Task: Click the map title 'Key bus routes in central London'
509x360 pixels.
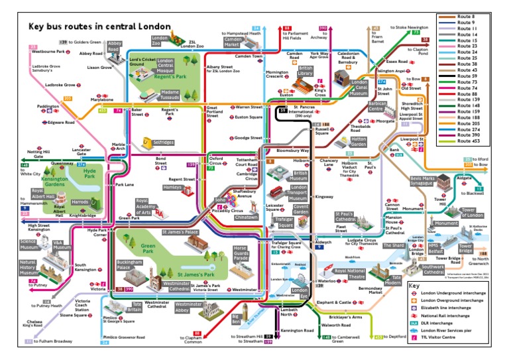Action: (x=99, y=27)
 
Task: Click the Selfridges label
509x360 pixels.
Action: (x=164, y=143)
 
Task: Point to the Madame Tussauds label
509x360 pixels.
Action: (x=170, y=95)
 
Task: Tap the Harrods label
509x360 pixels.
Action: (x=80, y=202)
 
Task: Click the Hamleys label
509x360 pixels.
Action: (x=172, y=188)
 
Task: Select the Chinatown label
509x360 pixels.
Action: (x=247, y=217)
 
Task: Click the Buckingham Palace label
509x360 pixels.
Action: (x=129, y=264)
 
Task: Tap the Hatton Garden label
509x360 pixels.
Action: (x=359, y=142)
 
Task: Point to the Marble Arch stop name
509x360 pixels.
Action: (x=119, y=146)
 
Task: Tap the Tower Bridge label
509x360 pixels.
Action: (x=466, y=249)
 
